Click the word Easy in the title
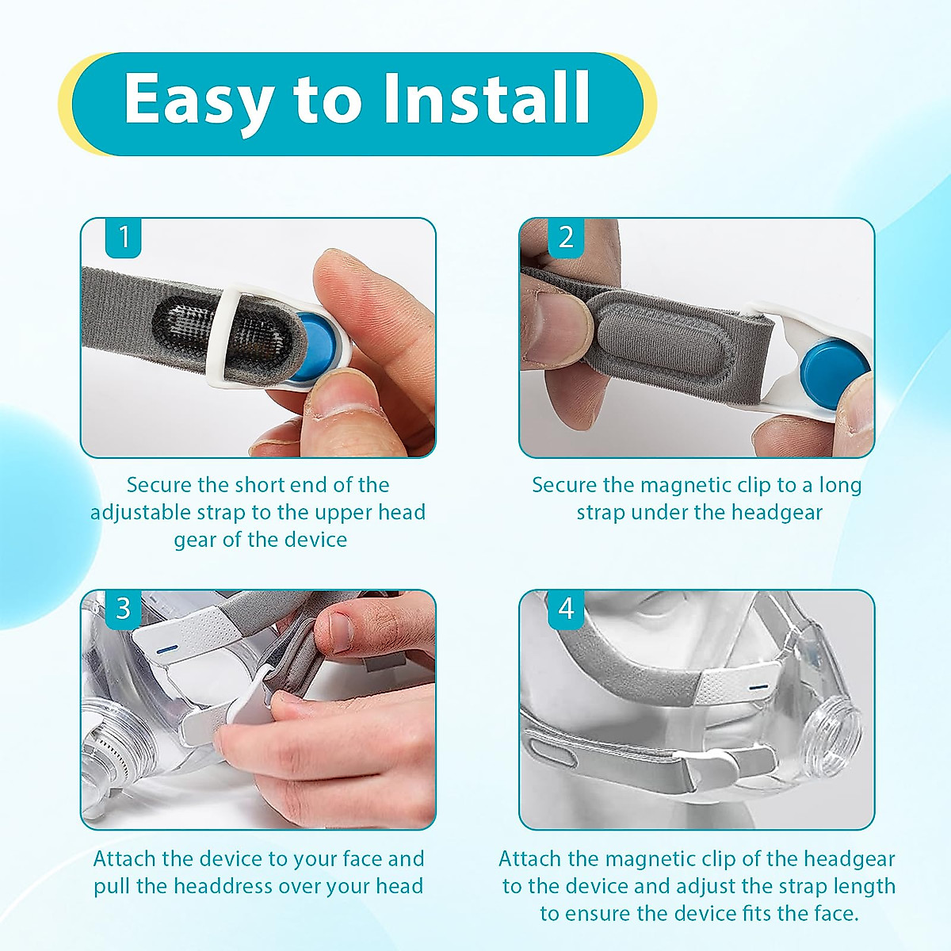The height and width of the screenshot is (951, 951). point(198,100)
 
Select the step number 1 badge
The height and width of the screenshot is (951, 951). point(124,238)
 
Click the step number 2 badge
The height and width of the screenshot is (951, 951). point(566,238)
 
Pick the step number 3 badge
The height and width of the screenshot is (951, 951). point(124,609)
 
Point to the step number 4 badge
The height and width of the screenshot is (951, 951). point(566,609)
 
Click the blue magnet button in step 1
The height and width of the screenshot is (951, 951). point(319,346)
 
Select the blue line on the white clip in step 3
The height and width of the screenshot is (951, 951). point(166,649)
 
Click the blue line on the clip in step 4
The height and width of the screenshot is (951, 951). point(758,686)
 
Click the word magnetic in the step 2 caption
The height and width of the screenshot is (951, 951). point(686,485)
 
